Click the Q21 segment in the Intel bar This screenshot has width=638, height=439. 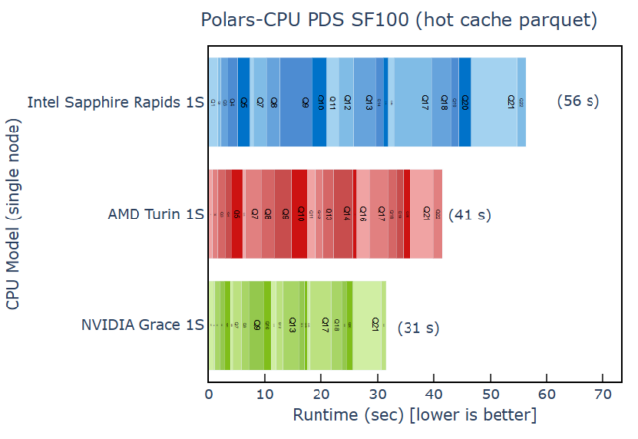pyautogui.click(x=509, y=102)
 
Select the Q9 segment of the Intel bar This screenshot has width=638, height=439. pyautogui.click(x=305, y=102)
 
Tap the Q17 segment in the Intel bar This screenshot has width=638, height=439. pyautogui.click(x=424, y=102)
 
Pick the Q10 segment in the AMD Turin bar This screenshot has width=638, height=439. pyautogui.click(x=300, y=213)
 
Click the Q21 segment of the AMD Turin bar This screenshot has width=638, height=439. pyautogui.click(x=426, y=213)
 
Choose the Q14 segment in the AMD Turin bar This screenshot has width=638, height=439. pyautogui.click(x=346, y=213)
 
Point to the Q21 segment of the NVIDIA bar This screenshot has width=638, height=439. pyautogui.click(x=375, y=324)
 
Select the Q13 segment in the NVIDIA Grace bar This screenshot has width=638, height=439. pyautogui.click(x=292, y=324)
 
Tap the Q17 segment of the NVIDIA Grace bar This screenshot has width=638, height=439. pyautogui.click(x=324, y=324)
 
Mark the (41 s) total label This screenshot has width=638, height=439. pyautogui.click(x=469, y=214)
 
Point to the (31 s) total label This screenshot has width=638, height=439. pyautogui.click(x=417, y=327)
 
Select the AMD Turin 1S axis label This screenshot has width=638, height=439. pyautogui.click(x=155, y=213)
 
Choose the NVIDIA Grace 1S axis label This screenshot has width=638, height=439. pyautogui.click(x=142, y=324)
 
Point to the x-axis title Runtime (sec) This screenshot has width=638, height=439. pyautogui.click(x=414, y=413)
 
